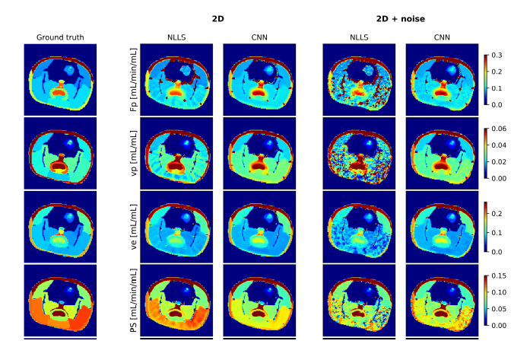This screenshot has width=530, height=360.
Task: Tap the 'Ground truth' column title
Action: click(60, 37)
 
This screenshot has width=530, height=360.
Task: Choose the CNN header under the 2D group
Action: click(259, 37)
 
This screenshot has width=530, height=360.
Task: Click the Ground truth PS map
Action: click(60, 300)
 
